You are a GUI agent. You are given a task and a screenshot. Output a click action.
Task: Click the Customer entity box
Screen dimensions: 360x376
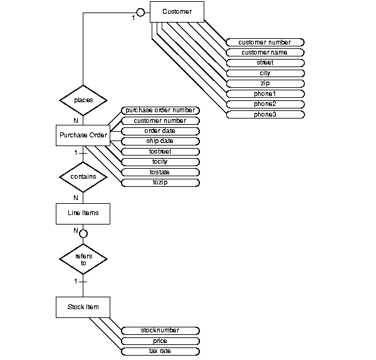(177, 13)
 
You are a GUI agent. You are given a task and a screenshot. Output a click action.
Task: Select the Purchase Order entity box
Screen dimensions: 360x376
(83, 135)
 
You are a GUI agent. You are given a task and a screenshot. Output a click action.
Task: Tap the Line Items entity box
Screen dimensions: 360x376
(83, 213)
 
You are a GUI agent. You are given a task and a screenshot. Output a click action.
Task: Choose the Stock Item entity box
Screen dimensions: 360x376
(83, 307)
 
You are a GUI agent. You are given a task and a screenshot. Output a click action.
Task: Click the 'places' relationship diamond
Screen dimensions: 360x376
(83, 100)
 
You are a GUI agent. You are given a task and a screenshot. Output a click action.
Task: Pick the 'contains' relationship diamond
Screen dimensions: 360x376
(83, 177)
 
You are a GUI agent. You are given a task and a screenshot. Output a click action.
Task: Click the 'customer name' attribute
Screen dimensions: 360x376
(264, 53)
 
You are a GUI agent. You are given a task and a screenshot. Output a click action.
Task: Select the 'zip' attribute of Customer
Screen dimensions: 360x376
(264, 83)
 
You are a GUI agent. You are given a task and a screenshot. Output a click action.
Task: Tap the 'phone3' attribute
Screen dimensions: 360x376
(264, 114)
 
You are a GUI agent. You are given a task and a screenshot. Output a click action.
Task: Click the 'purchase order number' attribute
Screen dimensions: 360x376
(159, 110)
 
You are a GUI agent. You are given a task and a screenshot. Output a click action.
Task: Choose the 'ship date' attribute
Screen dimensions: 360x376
(159, 141)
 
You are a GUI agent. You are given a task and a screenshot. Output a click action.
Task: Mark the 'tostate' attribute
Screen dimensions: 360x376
(159, 172)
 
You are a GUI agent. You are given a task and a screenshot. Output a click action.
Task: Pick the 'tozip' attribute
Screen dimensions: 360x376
(159, 183)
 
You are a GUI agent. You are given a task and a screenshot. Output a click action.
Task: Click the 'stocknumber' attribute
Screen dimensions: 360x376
(159, 331)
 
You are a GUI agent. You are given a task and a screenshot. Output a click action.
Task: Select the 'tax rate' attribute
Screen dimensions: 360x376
(159, 351)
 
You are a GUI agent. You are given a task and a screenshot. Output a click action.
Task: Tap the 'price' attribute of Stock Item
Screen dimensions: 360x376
(159, 341)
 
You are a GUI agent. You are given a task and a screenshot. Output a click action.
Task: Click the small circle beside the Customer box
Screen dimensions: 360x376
(141, 13)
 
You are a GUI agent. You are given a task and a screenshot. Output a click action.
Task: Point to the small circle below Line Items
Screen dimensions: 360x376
(83, 233)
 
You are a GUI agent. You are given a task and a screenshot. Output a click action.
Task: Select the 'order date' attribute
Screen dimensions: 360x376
(159, 131)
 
